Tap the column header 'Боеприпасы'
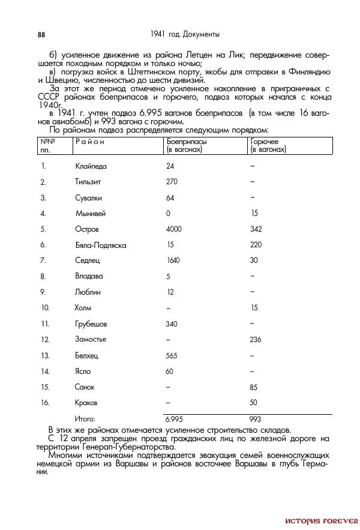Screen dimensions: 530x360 coord(187,142)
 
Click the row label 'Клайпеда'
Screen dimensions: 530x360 coord(91,166)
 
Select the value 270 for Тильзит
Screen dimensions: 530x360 coord(172,181)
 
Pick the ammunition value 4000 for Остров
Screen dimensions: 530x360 coord(173,229)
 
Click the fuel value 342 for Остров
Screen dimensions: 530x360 coord(256,229)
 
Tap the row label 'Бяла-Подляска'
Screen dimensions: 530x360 coord(100,245)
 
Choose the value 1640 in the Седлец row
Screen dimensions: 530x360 coord(173,260)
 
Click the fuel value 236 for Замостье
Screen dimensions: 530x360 coord(256,340)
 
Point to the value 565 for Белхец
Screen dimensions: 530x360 coord(172,355)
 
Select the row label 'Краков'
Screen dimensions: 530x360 coord(86,403)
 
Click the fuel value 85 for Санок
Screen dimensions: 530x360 coord(254,388)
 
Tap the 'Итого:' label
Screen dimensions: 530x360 coord(85,419)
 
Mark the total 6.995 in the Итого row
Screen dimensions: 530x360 coord(173,419)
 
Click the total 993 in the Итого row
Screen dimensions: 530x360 coord(256,419)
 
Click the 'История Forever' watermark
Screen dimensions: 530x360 coord(322,520)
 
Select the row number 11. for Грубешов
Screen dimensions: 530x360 coord(44,324)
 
